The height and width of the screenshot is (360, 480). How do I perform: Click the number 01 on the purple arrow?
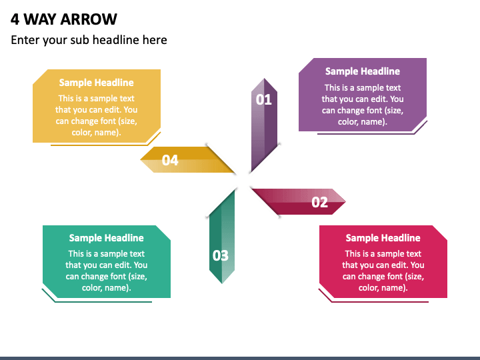tap(264, 100)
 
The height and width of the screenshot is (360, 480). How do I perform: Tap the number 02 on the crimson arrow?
tap(319, 202)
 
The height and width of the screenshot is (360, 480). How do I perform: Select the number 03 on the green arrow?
tap(220, 255)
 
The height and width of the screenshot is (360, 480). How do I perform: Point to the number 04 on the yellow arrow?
tap(170, 160)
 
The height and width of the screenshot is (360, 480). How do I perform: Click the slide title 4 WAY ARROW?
tap(64, 18)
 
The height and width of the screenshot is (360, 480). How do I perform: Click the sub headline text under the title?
tap(89, 40)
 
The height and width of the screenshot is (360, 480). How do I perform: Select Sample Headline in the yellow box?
tap(96, 83)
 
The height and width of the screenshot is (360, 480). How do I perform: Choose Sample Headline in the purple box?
tap(362, 71)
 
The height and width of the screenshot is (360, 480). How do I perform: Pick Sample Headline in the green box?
tap(106, 238)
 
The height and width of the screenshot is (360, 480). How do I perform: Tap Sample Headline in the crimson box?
tap(383, 238)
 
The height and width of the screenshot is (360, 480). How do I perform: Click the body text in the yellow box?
tap(96, 115)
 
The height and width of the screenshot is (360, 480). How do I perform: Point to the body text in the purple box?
tap(362, 105)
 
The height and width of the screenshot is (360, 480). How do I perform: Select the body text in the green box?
tap(106, 271)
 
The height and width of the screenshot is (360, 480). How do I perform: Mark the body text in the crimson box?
tap(383, 271)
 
